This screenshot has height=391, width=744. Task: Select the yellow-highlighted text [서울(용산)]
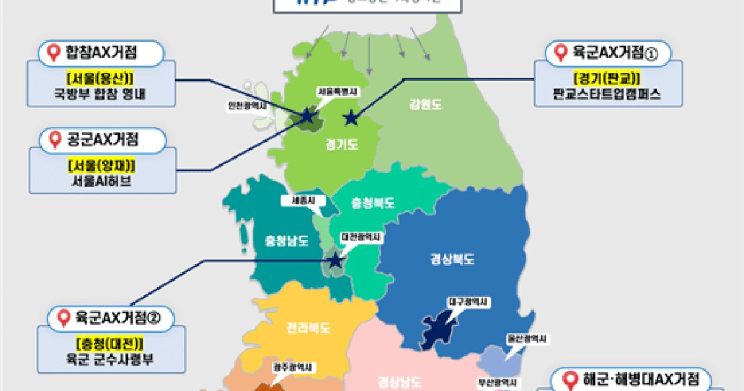click(101, 79)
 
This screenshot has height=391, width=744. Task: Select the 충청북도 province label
click(373, 203)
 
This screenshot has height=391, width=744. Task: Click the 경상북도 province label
click(452, 259)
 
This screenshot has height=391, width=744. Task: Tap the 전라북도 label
click(308, 327)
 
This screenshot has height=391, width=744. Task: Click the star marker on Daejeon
click(335, 261)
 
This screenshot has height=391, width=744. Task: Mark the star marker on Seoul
click(307, 115)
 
